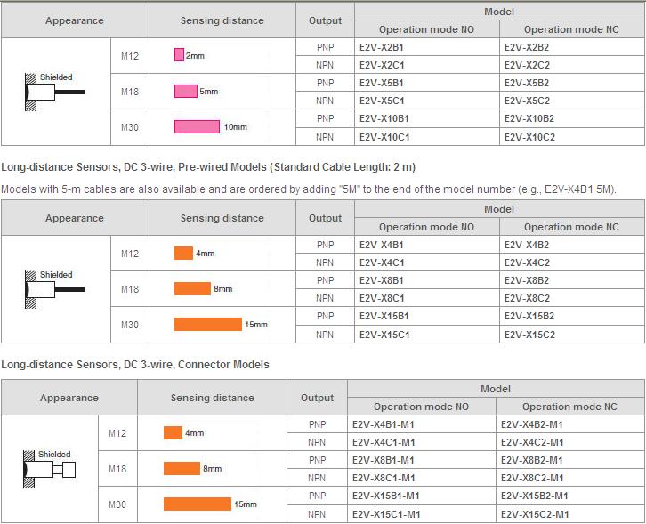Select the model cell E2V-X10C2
click(x=529, y=137)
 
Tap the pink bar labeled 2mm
click(x=179, y=55)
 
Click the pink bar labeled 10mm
click(x=197, y=126)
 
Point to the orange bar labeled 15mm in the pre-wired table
click(x=208, y=324)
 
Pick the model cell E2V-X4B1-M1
click(x=384, y=424)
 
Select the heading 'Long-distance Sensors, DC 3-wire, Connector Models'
click(x=135, y=365)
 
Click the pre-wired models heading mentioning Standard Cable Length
click(x=208, y=166)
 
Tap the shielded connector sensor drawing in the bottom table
click(x=50, y=468)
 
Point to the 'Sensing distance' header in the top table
click(x=222, y=20)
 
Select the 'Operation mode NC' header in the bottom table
click(x=569, y=407)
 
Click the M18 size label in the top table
click(x=130, y=91)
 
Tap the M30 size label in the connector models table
click(x=117, y=504)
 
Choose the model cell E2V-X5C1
click(x=382, y=101)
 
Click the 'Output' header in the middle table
click(x=325, y=218)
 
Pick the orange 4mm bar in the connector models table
click(x=173, y=432)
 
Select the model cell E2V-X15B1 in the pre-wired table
click(x=385, y=316)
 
